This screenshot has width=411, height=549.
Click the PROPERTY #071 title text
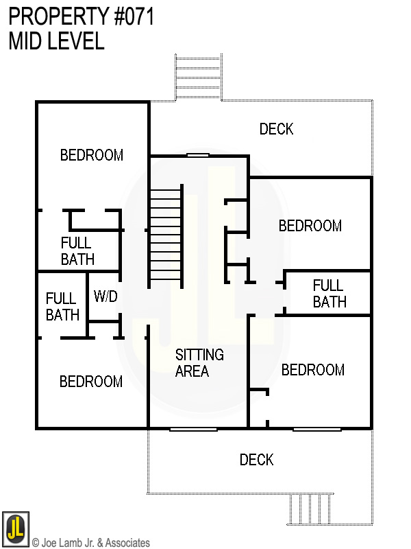coord(81,16)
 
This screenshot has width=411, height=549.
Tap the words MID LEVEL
coord(56,41)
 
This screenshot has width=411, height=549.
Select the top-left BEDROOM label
coord(92,155)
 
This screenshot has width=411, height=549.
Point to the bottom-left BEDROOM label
coord(91,382)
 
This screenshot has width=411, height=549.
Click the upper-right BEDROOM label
coord(310,226)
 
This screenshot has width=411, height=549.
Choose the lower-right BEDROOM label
coord(312,371)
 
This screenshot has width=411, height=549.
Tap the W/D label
coord(105,297)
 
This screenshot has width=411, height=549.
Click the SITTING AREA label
coord(199,363)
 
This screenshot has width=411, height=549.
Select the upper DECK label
coord(276,129)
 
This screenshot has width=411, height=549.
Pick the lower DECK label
coord(257,460)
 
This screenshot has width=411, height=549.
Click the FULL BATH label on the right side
coord(329,293)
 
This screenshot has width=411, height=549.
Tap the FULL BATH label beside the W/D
coord(62,307)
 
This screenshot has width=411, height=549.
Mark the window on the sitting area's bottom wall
coord(193,429)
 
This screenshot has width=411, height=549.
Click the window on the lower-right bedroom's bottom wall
coord(317,429)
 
